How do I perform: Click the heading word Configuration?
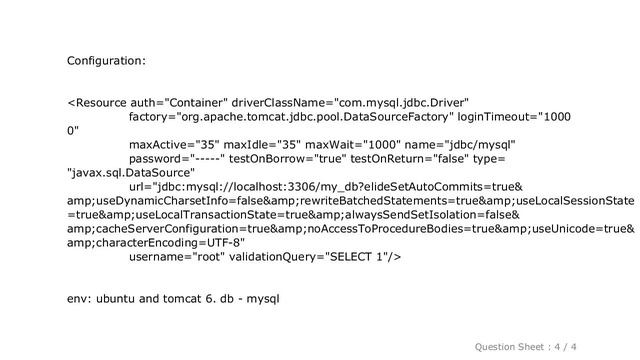click(107, 62)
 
